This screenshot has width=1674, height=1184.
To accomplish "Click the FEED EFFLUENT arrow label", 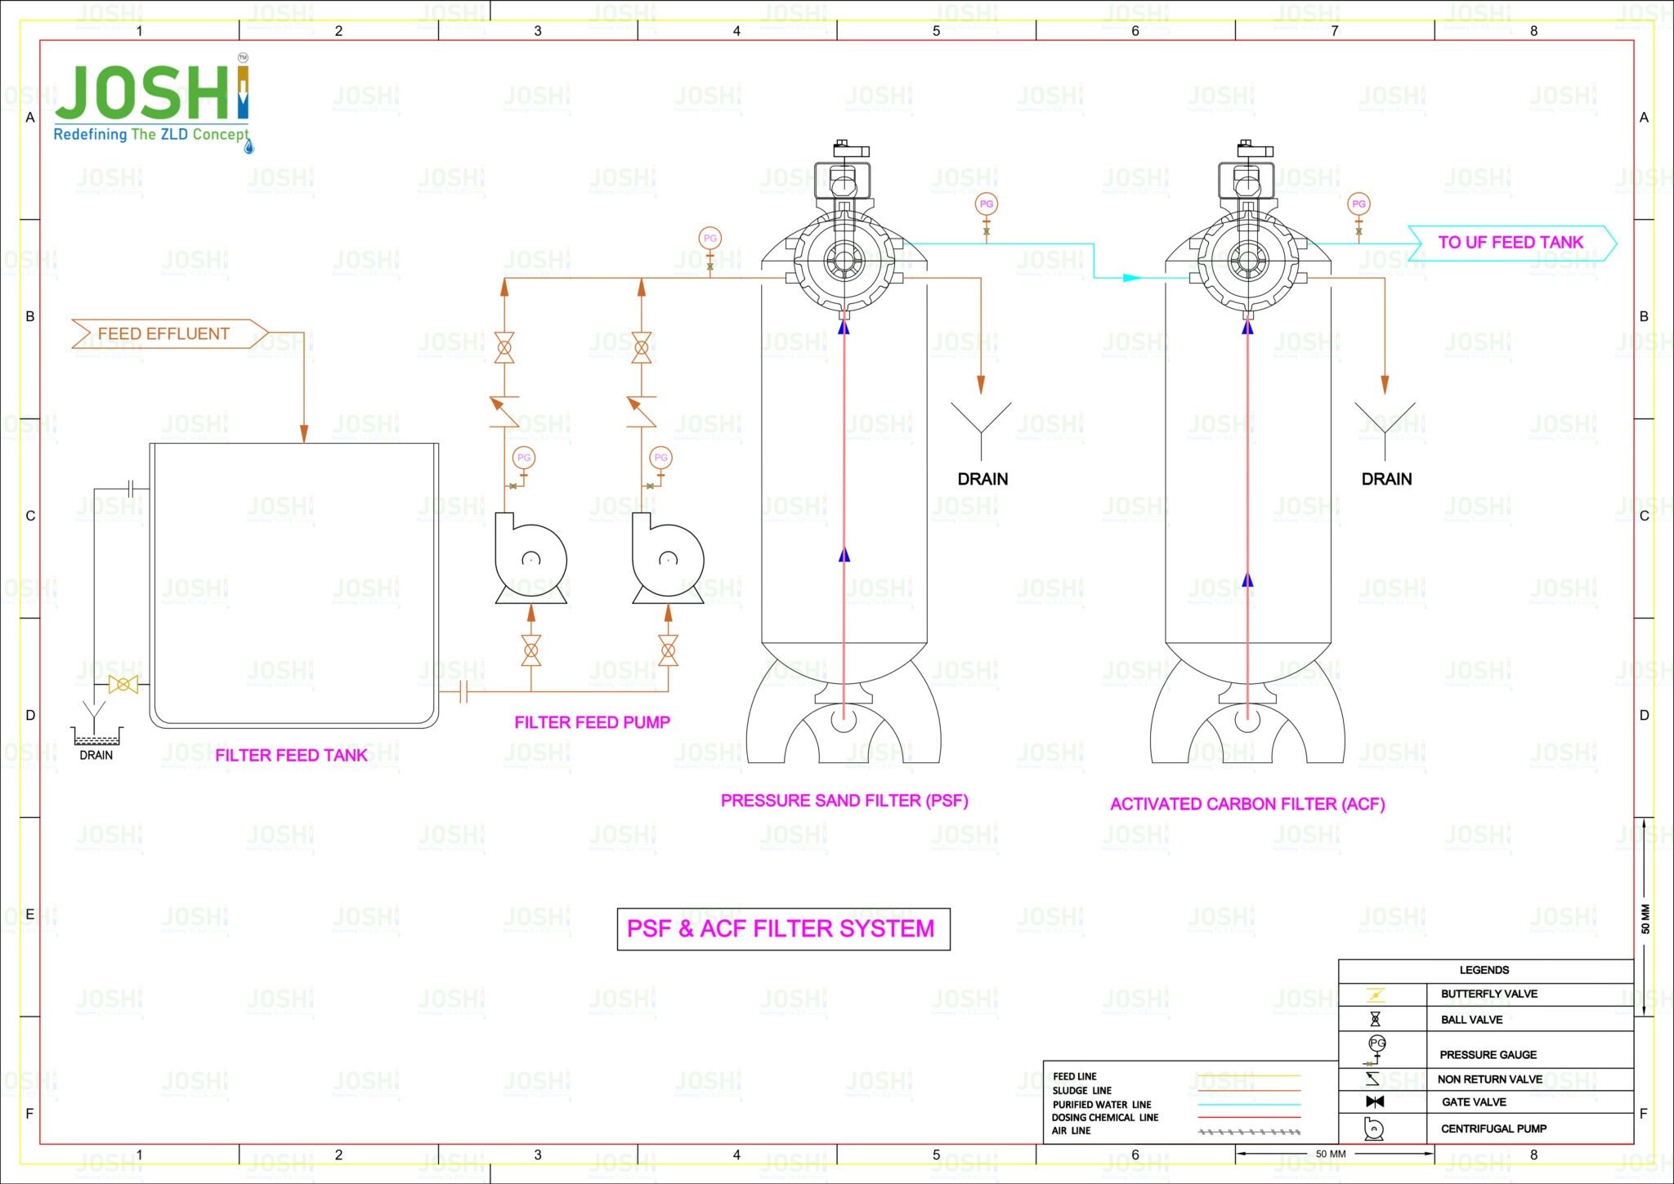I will coord(163,333).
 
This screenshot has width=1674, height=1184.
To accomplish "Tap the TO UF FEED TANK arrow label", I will coord(1511,243).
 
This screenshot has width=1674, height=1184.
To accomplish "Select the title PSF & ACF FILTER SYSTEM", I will coord(781,929).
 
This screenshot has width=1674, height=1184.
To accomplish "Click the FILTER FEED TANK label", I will coord(291,755).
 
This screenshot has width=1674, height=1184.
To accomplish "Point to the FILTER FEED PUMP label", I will coord(592,722).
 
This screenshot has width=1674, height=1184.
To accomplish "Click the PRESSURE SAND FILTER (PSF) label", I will coord(844,801).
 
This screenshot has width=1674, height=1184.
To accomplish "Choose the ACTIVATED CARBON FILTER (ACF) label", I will coord(1247,804).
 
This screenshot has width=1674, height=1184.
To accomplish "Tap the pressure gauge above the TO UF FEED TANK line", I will coord(1358,204).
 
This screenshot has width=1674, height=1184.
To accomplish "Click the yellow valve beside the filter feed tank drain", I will coord(123,685).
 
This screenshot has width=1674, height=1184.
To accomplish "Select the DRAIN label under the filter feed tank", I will coord(96,755).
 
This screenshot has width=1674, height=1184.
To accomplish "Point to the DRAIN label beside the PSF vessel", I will coord(982,479).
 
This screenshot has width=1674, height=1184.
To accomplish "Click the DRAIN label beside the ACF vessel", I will coord(1386,479).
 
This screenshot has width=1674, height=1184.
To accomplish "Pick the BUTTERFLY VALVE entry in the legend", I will coord(1488,994).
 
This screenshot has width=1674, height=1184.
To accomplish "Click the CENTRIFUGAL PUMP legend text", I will coord(1493,1128).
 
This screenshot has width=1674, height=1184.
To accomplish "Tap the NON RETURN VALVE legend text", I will coord(1490,1079).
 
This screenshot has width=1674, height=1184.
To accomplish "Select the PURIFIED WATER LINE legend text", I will coord(1101,1104).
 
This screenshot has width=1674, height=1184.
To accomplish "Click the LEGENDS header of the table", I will coord(1484,970).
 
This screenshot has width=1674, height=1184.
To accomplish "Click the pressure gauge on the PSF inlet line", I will coord(709,239).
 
